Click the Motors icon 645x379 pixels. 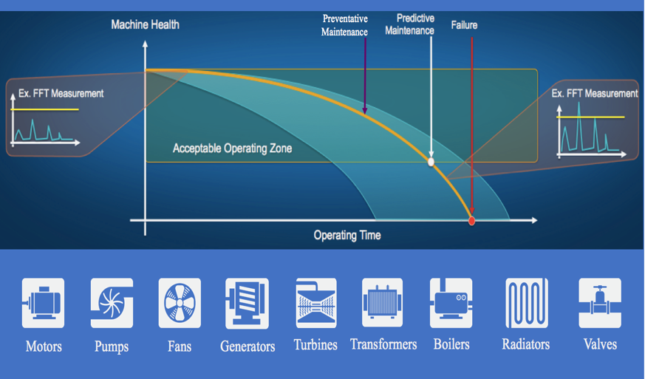(x=43, y=303)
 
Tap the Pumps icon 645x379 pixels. (x=112, y=303)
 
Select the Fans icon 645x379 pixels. (x=180, y=303)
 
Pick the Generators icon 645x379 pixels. (x=248, y=304)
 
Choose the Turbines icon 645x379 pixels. (x=316, y=303)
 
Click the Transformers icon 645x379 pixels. (x=383, y=302)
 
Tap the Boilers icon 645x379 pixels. (x=451, y=303)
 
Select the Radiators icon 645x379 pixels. (x=527, y=303)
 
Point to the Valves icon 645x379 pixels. (x=600, y=303)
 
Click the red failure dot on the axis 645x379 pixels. (x=472, y=221)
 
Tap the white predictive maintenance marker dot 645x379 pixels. (x=431, y=162)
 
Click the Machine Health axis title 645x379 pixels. (x=146, y=24)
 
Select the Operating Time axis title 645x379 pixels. (x=347, y=236)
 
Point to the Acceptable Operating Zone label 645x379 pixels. (x=233, y=148)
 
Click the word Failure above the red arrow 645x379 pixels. (x=464, y=25)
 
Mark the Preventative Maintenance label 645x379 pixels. (x=345, y=25)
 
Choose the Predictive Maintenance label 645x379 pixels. (x=410, y=24)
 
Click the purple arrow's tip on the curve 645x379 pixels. (x=365, y=113)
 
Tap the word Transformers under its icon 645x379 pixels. (x=383, y=344)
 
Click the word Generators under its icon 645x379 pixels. (x=248, y=346)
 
